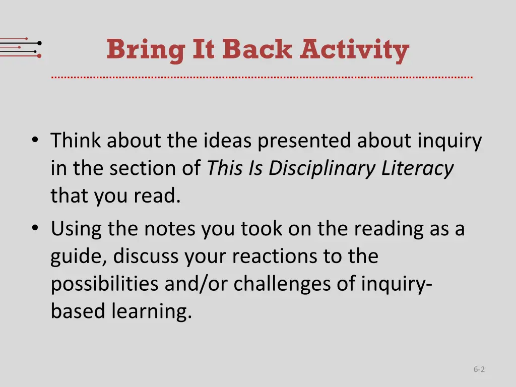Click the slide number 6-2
(479, 369)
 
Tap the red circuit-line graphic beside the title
(21, 48)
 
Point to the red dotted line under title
(262, 78)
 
